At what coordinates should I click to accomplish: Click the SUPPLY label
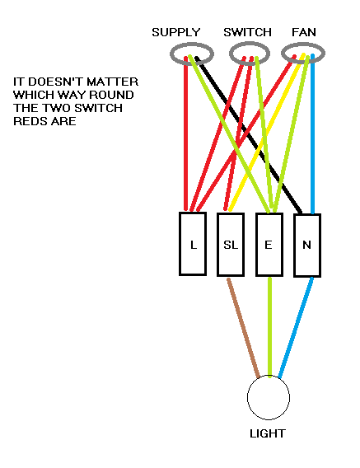click(175, 32)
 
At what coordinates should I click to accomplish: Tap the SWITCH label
click(247, 32)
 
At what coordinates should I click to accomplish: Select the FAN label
click(303, 32)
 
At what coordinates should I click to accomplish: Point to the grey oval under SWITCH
click(248, 54)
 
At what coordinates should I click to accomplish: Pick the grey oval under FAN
click(303, 54)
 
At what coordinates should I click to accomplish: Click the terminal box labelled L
click(193, 244)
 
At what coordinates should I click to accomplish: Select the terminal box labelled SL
click(231, 244)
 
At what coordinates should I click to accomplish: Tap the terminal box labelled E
click(269, 244)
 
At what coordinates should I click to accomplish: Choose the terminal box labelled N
click(307, 244)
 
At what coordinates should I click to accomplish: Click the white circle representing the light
click(269, 399)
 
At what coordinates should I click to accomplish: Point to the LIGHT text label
click(267, 433)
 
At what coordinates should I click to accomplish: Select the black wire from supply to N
click(247, 132)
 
